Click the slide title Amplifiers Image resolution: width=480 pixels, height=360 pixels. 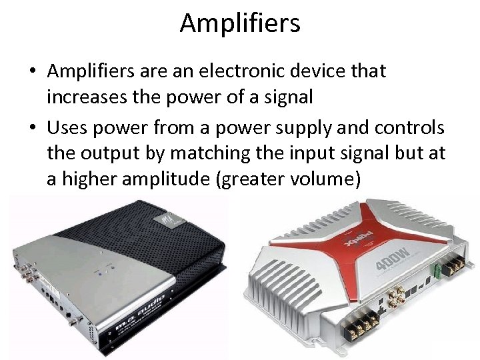(x=240, y=23)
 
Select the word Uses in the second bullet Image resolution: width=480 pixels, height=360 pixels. (x=70, y=127)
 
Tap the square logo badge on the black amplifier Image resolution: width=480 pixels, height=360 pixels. (x=161, y=219)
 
